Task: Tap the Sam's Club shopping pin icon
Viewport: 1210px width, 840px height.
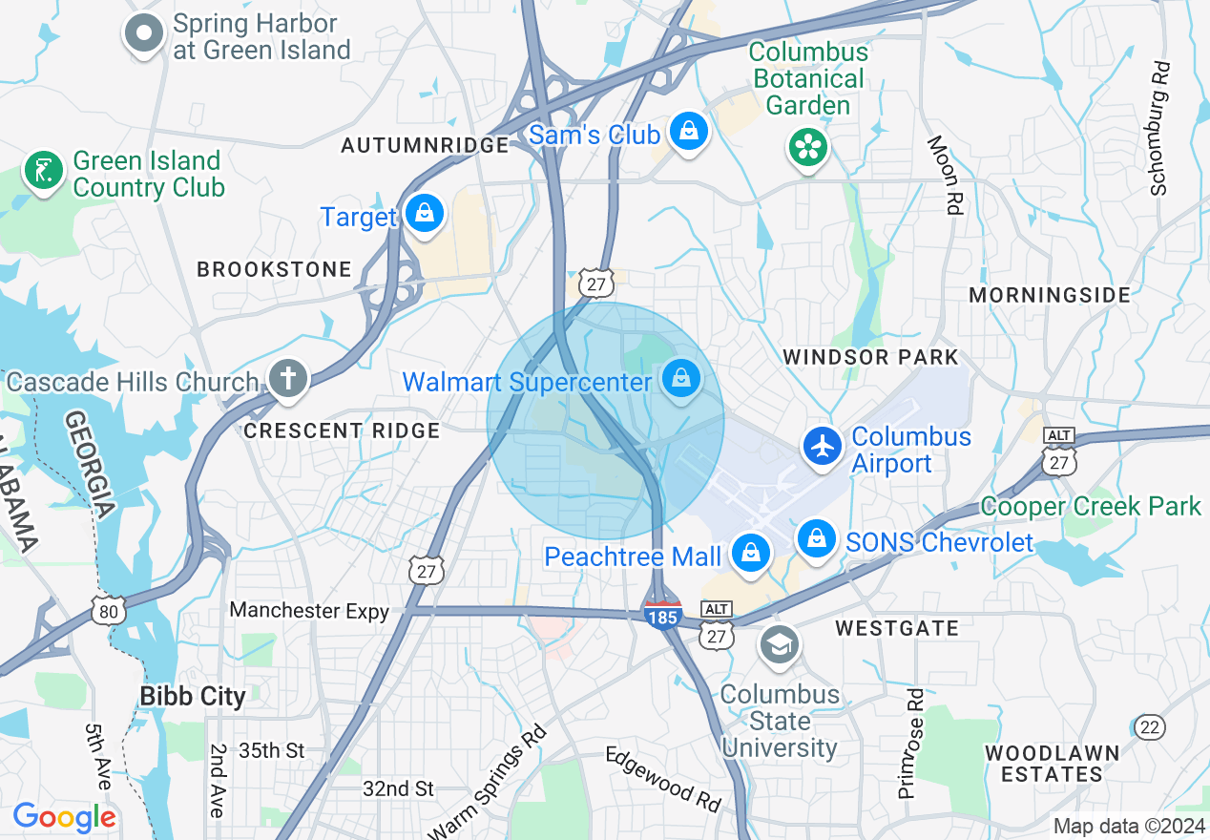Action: pos(688,132)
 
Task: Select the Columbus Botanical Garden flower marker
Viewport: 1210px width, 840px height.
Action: pos(808,147)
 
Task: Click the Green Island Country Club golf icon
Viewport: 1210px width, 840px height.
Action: pos(43,173)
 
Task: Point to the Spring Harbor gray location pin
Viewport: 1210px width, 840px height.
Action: pos(144,33)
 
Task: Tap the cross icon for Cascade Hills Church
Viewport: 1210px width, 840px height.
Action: pos(287,379)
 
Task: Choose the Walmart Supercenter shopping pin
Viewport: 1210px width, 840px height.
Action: pos(681,379)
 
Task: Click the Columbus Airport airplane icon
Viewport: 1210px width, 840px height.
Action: pos(822,446)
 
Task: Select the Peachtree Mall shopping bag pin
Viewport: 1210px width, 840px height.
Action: pos(751,553)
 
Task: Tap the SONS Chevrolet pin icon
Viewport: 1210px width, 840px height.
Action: pos(817,539)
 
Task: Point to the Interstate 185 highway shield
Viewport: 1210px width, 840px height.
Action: pos(662,614)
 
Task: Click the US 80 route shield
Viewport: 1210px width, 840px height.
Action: pos(110,611)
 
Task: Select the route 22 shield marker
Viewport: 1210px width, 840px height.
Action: pos(1150,727)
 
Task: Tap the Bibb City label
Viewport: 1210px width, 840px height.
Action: pos(193,696)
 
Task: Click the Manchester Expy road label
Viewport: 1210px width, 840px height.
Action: pos(309,610)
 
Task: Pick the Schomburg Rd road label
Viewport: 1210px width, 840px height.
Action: pos(1160,129)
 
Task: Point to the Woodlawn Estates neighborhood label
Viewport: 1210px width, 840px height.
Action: pos(1052,764)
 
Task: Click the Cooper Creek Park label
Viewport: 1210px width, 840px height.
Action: pos(1090,506)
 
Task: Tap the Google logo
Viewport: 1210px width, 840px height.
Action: pos(64,818)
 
